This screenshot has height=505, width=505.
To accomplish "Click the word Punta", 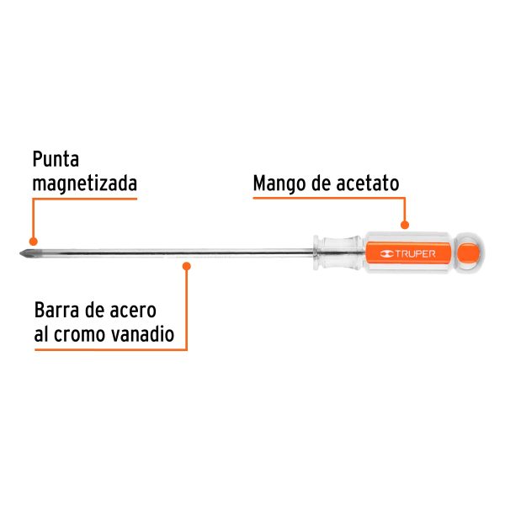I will coord(56,160).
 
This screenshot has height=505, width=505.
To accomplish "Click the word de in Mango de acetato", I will coord(324,183).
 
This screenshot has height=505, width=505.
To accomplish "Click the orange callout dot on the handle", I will coord(405,225).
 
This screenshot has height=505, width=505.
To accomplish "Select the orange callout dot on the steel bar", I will coord(187,265).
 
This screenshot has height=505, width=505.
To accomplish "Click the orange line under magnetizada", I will coord(84,200).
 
